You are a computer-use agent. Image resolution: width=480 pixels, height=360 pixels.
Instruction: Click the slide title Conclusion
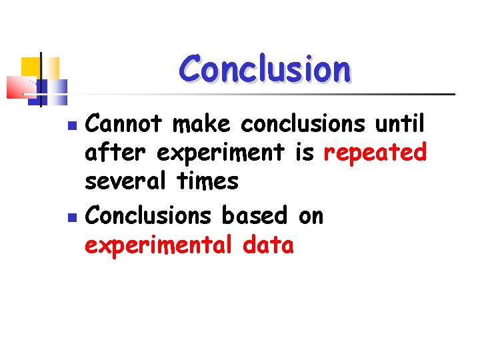coord(264,69)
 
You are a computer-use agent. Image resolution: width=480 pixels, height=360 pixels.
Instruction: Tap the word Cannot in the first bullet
coord(124,123)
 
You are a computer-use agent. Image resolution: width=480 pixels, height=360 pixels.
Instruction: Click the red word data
coord(268,245)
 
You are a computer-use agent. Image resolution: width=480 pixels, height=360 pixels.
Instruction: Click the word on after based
coord(310,215)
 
